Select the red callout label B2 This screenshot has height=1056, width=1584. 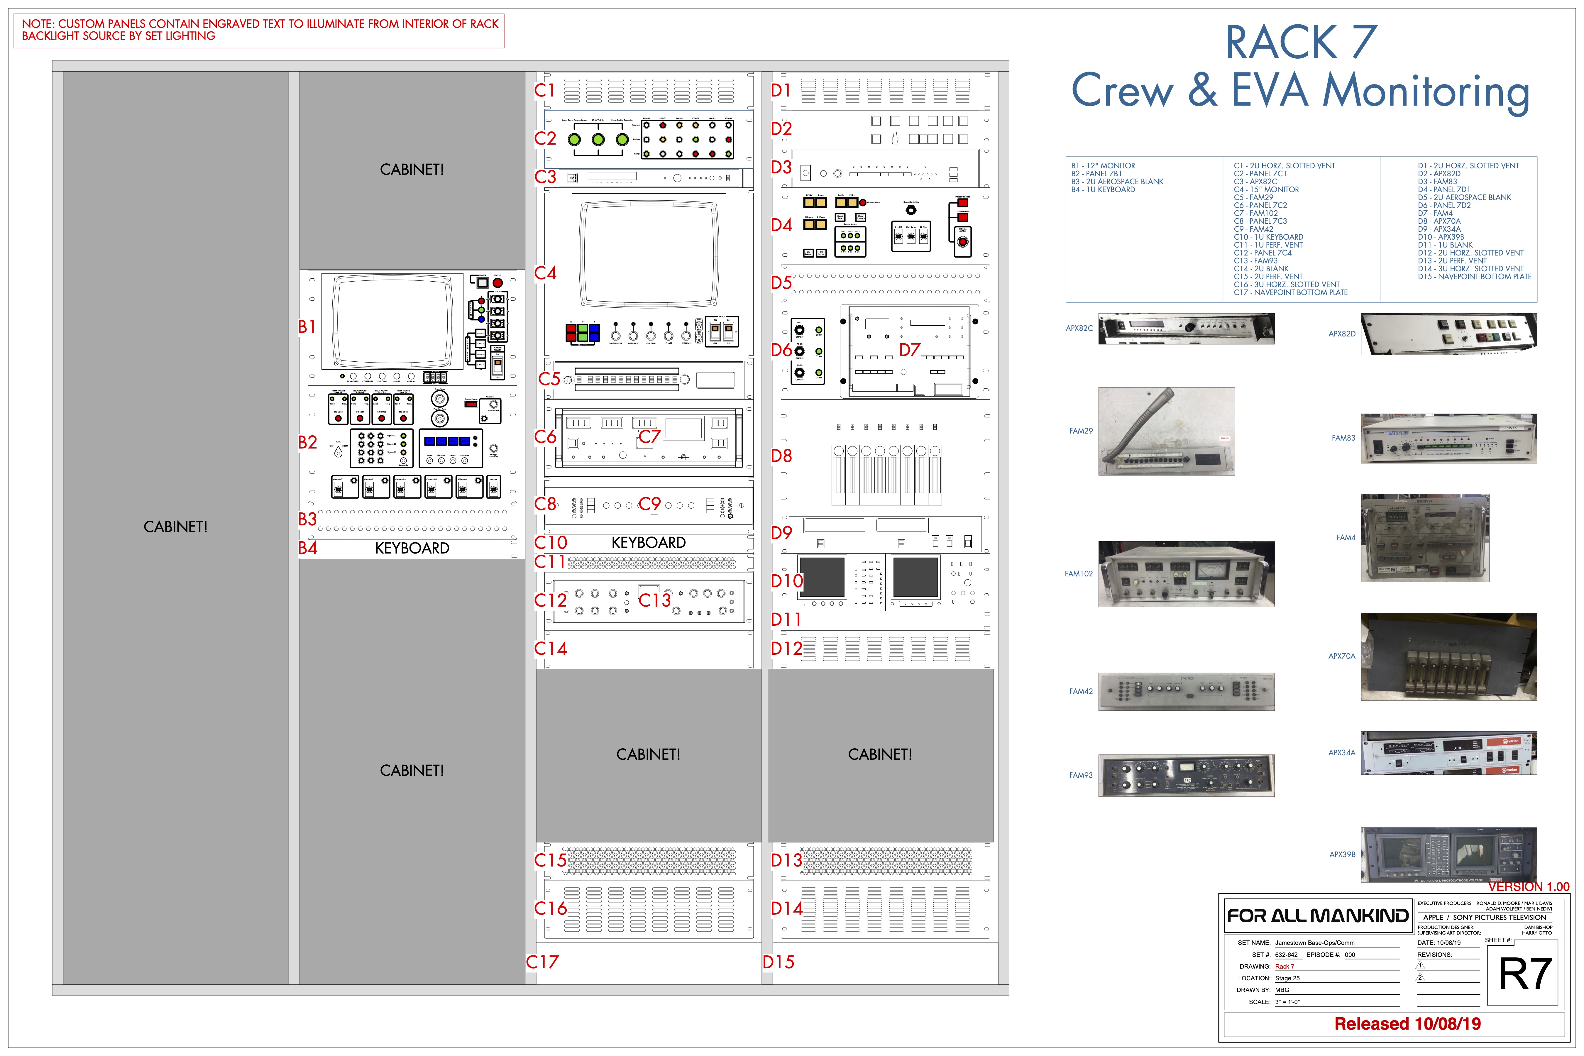(308, 442)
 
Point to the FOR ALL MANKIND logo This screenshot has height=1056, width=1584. (1317, 916)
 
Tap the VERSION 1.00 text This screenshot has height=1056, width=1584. (1529, 887)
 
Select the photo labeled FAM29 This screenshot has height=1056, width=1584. (1167, 431)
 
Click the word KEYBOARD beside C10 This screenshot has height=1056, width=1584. (649, 543)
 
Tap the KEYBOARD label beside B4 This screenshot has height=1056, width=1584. (412, 548)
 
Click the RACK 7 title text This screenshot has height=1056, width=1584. (1300, 43)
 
